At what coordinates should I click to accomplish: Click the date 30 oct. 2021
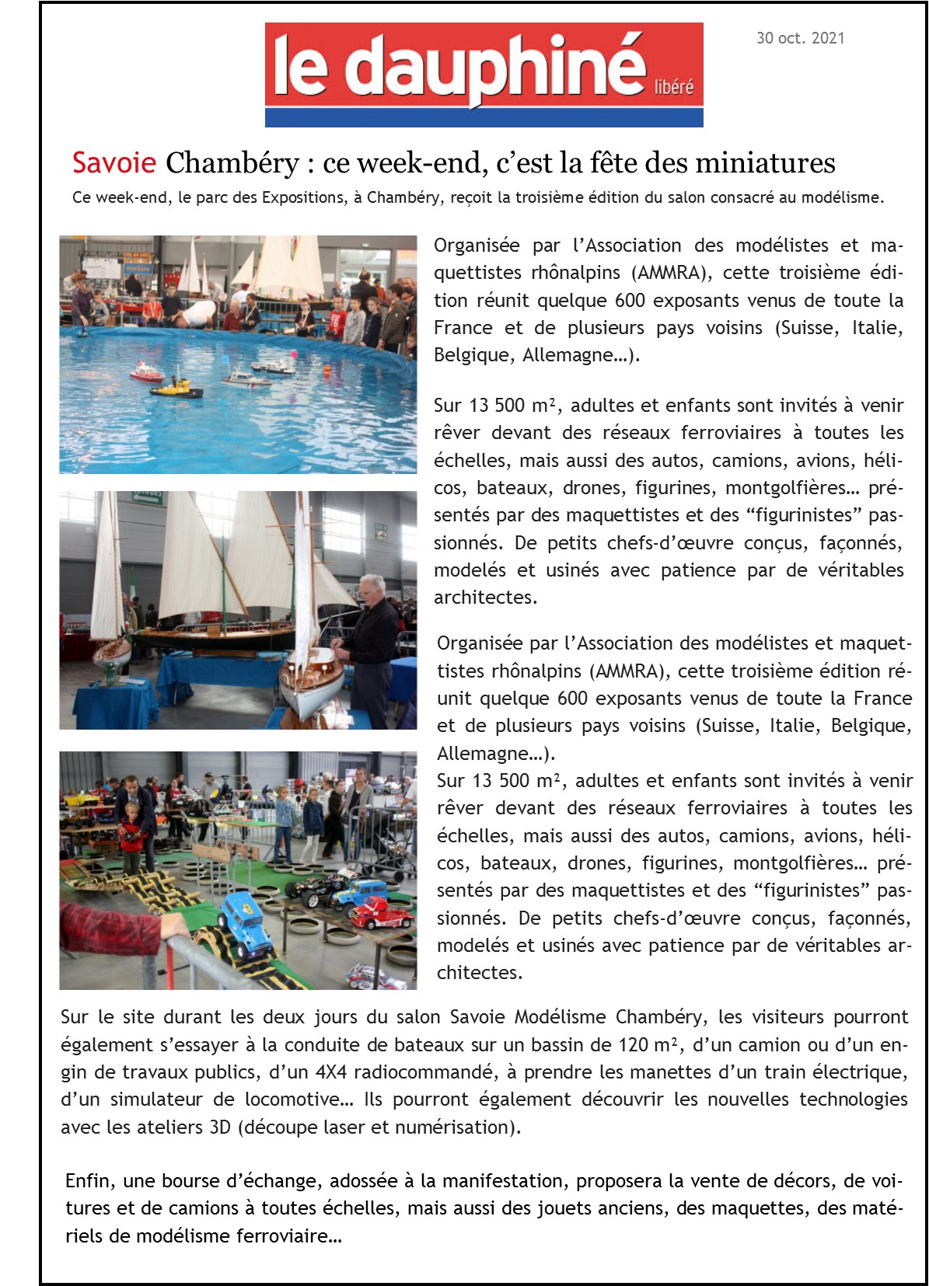point(800,38)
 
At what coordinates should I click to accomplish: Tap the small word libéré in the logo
point(673,87)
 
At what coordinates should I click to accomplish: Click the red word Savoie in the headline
point(114,163)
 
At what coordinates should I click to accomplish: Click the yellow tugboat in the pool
point(176,386)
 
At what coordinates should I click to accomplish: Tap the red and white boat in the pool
point(146,374)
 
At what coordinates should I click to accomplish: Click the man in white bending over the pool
point(196,315)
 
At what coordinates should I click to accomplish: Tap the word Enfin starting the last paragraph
point(87,1181)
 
